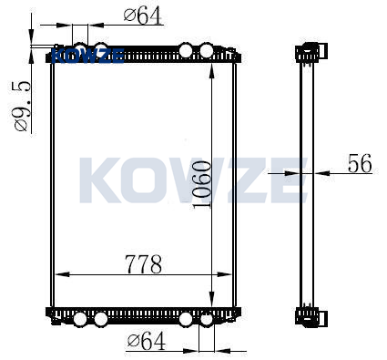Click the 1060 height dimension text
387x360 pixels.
(202, 184)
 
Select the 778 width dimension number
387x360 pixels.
(144, 264)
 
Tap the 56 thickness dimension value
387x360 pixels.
(360, 163)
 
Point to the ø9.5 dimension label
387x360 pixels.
(22, 106)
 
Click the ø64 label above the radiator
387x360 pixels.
(143, 15)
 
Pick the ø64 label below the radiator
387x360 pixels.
(147, 340)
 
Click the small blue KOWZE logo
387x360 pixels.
(88, 56)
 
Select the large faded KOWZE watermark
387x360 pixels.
(193, 180)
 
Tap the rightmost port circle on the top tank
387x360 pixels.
(207, 50)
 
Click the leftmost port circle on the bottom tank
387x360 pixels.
(80, 319)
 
